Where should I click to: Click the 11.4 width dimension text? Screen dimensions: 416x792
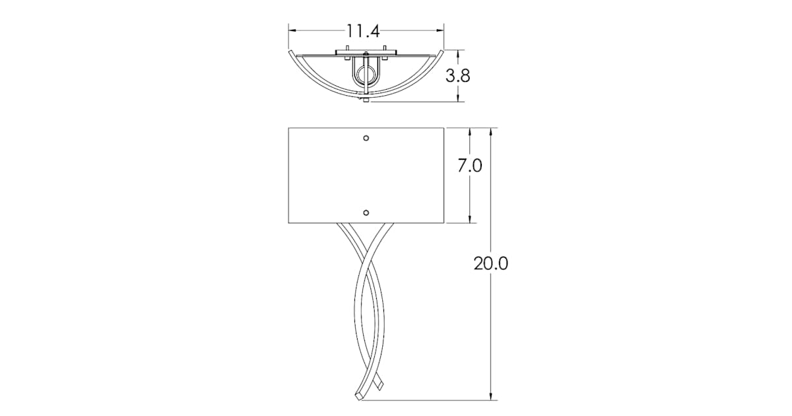pyautogui.click(x=362, y=30)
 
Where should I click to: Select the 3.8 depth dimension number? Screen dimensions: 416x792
pyautogui.click(x=457, y=75)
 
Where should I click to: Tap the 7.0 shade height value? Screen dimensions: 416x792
pyautogui.click(x=470, y=165)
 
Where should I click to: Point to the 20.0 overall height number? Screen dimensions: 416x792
pyautogui.click(x=490, y=263)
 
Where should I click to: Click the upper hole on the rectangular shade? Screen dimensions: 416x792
pyautogui.click(x=366, y=138)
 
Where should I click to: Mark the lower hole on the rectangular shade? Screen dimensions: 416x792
pyautogui.click(x=366, y=213)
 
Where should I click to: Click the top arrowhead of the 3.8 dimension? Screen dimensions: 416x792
pyautogui.click(x=459, y=53)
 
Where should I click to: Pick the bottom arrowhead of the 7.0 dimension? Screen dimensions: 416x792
pyautogui.click(x=470, y=219)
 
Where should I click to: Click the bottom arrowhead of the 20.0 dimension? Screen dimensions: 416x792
pyautogui.click(x=491, y=396)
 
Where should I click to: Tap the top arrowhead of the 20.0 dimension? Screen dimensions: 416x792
pyautogui.click(x=491, y=132)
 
